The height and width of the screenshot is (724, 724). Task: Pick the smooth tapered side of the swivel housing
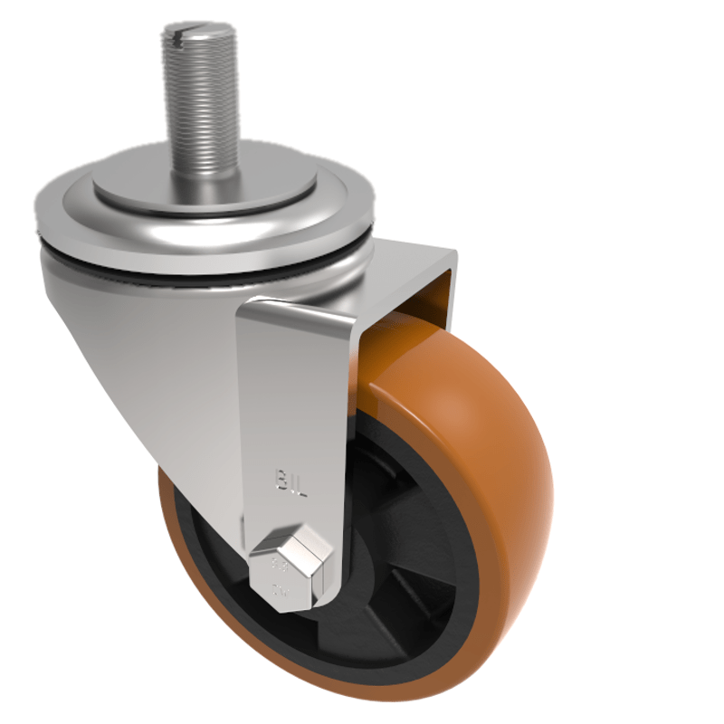point(154,362)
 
